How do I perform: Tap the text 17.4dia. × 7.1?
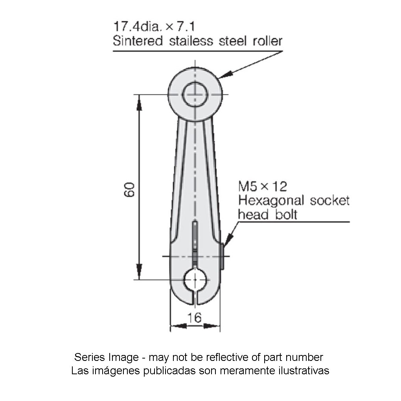154,27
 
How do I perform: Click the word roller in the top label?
267,40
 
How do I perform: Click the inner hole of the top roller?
195,95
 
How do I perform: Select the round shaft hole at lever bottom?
195,280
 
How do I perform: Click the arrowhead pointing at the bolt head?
227,240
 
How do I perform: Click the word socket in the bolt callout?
329,200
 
